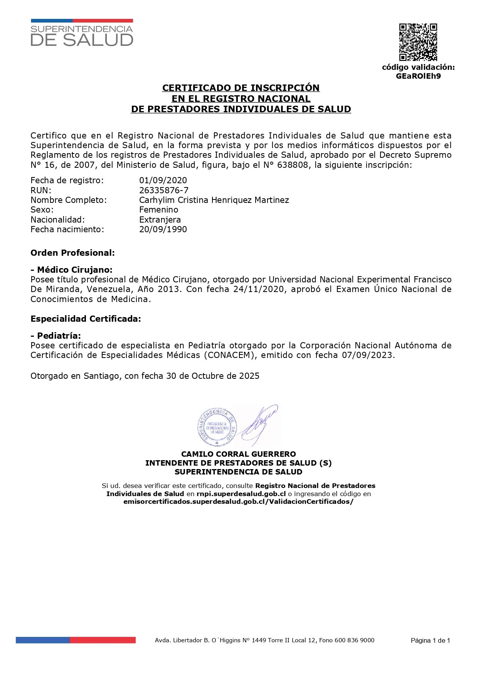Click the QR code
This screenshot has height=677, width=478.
click(418, 42)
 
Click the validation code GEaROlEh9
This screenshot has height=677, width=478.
click(418, 76)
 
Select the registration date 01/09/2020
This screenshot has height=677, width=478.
click(163, 180)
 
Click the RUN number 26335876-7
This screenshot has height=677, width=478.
click(164, 190)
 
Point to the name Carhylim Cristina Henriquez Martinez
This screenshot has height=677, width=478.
click(214, 200)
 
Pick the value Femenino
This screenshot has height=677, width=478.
click(159, 210)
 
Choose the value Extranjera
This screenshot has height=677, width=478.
click(160, 219)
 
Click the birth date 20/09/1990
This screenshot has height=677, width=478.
click(163, 229)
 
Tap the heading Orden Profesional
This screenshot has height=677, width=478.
click(72, 253)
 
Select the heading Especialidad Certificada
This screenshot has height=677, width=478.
click(86, 319)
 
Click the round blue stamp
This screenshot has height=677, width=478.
click(217, 425)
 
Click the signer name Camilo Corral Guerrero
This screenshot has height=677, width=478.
click(239, 454)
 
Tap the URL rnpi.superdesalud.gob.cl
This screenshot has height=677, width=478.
click(241, 494)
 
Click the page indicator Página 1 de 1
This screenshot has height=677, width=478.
click(430, 640)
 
